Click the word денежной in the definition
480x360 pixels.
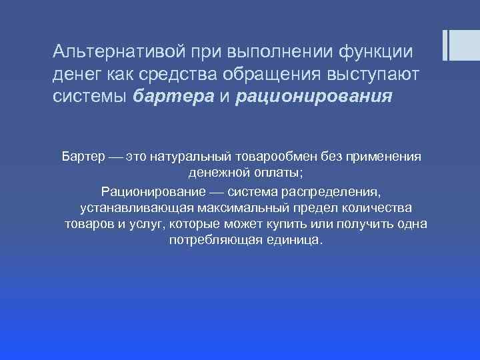(x=216, y=173)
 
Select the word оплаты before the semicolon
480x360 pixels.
(x=274, y=173)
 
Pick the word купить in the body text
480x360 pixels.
(x=301, y=223)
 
